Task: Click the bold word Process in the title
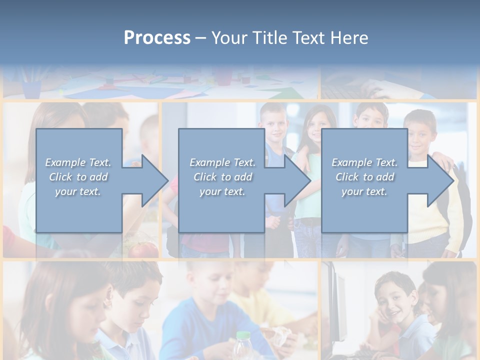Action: [157, 38]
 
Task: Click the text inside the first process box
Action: [78, 177]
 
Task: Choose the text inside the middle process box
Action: [222, 177]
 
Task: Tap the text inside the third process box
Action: [364, 177]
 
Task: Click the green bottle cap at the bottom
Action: [242, 336]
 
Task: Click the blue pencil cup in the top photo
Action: [31, 89]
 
